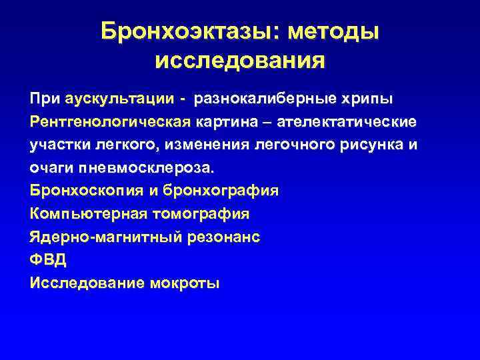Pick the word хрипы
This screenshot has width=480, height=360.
tap(369, 99)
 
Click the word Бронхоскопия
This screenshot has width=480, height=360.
tap(83, 191)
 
